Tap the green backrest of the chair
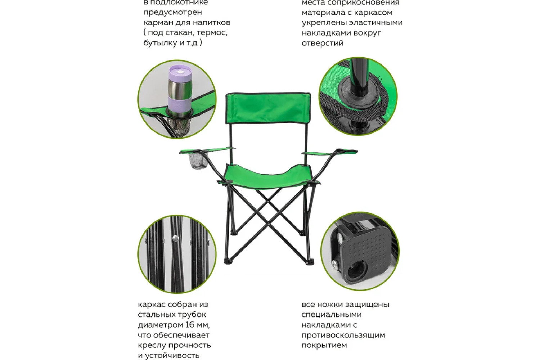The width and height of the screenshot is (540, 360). point(268,108)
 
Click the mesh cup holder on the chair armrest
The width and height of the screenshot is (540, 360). point(198,161)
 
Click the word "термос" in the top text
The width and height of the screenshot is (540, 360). point(211,33)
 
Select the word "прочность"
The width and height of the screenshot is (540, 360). point(189,345)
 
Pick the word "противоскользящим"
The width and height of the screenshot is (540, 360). point(343,335)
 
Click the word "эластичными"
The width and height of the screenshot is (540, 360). point(375,23)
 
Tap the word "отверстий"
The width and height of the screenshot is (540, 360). point(323,43)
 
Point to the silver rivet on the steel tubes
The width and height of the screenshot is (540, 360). point(176,238)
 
